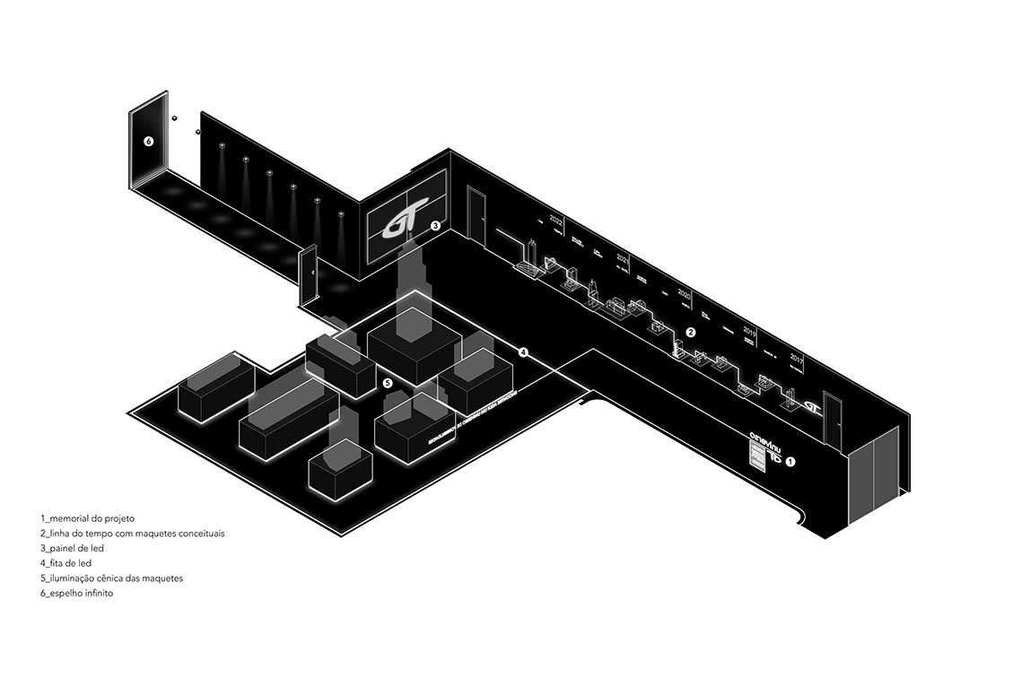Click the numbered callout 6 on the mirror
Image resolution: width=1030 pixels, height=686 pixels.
point(149,142)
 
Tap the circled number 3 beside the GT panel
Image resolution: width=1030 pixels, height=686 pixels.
point(435,226)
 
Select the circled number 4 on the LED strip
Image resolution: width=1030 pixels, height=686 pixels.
point(523,352)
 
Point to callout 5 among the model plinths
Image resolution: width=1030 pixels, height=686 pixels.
point(388,383)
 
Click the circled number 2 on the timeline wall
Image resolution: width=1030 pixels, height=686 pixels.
point(691,333)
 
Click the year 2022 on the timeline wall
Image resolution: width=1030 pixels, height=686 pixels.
point(556,221)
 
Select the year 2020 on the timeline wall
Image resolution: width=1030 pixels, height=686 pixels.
point(684,293)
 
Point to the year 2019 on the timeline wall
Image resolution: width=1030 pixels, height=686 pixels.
point(750,331)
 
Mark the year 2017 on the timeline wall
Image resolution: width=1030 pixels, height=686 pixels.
point(796,358)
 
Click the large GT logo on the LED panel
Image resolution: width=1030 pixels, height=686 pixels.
point(399,224)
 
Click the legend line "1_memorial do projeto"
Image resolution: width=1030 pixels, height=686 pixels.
point(87,518)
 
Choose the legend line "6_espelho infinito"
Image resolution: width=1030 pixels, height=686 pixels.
point(76,594)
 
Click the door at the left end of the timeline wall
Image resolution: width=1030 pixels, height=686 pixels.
point(476,215)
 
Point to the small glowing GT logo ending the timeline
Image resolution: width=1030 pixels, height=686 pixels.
point(812,405)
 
